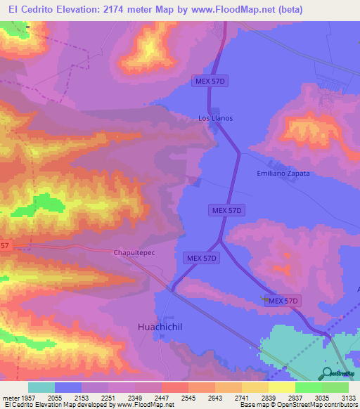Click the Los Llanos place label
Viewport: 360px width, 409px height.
pyautogui.click(x=215, y=118)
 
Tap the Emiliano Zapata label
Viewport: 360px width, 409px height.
pyautogui.click(x=283, y=173)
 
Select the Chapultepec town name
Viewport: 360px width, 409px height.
pyautogui.click(x=133, y=252)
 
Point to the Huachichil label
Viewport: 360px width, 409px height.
pyautogui.click(x=157, y=327)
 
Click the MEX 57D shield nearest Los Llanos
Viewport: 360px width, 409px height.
pyautogui.click(x=210, y=82)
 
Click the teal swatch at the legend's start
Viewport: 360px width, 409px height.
pyautogui.click(x=41, y=387)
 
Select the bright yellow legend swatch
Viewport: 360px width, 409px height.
pyautogui.click(x=281, y=387)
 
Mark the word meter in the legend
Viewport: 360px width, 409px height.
pyautogui.click(x=11, y=398)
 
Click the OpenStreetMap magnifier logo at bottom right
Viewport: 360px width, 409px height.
pyautogui.click(x=327, y=372)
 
